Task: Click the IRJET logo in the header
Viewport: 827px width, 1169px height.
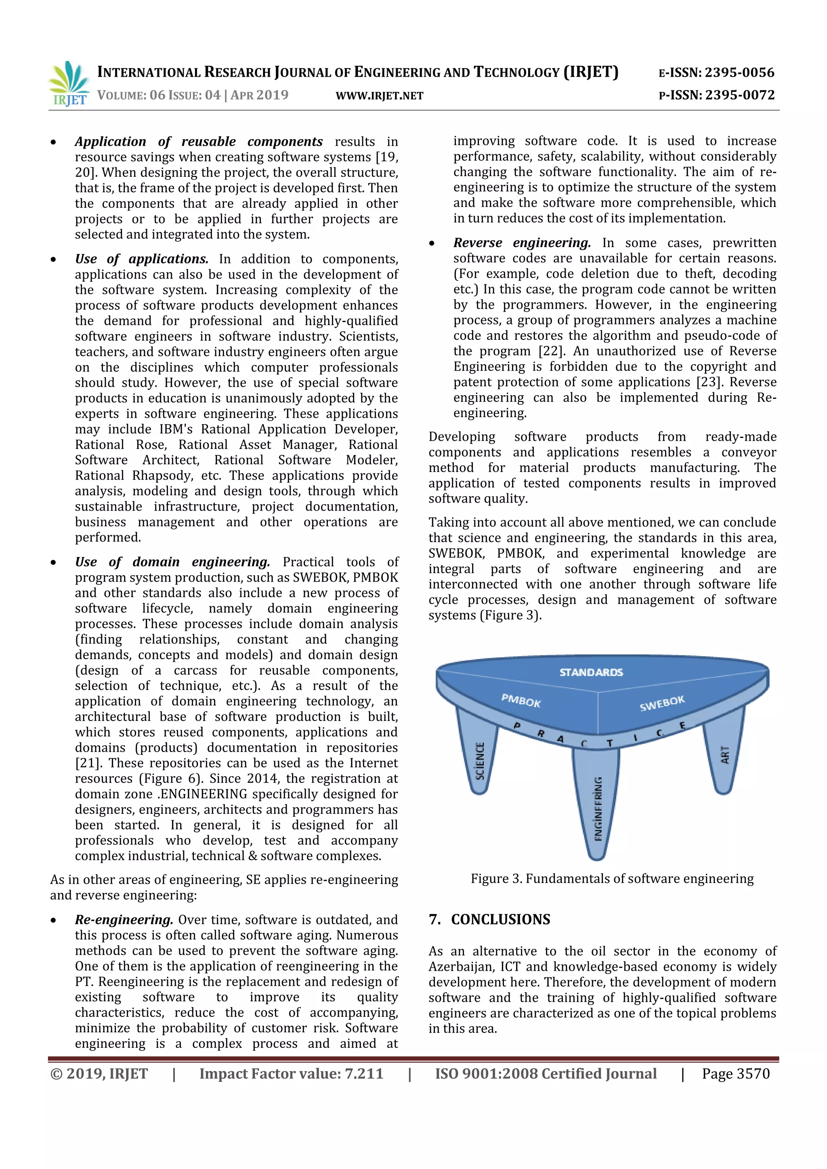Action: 69,83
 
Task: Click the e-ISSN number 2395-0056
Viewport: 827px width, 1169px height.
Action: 739,72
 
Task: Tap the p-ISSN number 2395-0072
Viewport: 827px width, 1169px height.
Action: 739,95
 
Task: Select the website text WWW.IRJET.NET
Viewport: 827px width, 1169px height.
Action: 380,96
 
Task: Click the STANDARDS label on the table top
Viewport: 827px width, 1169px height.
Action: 591,672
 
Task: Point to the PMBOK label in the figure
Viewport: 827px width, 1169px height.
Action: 521,701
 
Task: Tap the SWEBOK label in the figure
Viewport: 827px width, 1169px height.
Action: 662,703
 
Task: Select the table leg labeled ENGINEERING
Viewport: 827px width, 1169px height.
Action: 597,804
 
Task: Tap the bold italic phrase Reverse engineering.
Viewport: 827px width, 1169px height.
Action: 522,243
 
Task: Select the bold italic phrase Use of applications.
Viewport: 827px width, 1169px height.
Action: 142,259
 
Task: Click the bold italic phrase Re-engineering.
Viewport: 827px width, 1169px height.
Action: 124,920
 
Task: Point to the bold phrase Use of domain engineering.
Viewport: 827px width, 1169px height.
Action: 172,562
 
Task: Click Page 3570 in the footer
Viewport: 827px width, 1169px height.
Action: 735,1073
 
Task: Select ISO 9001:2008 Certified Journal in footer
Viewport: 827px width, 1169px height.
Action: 546,1073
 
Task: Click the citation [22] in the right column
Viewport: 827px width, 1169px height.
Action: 550,351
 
